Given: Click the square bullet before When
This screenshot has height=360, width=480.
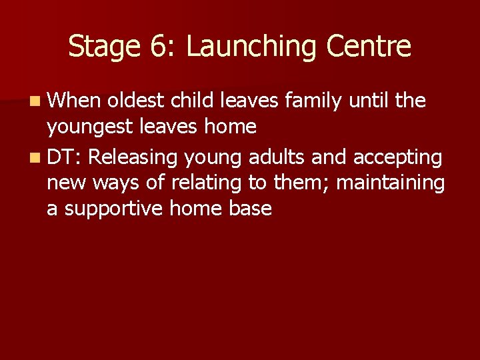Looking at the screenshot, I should tap(34, 101).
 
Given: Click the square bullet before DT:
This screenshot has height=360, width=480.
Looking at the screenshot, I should tap(34, 158).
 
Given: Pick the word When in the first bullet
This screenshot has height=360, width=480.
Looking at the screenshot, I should tap(75, 101).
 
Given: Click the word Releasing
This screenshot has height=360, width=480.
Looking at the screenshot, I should tap(133, 157).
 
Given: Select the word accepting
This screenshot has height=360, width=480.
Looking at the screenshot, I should tap(397, 157).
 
